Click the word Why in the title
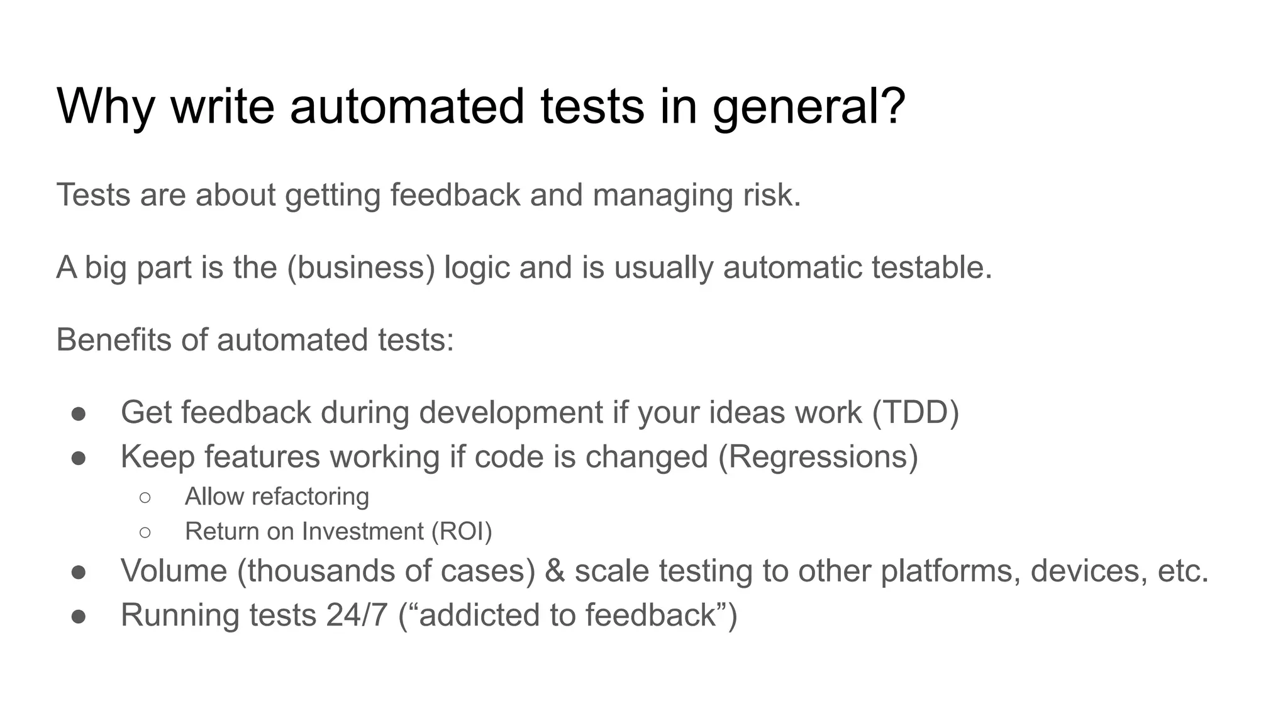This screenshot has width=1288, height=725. pyautogui.click(x=105, y=106)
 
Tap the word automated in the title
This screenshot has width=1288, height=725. pyautogui.click(x=406, y=106)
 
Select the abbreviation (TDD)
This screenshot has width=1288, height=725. pyautogui.click(x=915, y=413)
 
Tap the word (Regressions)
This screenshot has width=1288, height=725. pyautogui.click(x=818, y=457)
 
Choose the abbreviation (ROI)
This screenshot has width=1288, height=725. pyautogui.click(x=462, y=532)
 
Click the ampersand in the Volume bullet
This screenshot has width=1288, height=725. pyautogui.click(x=555, y=571)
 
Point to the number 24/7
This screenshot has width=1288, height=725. pyautogui.click(x=357, y=615)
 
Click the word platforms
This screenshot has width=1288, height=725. pyautogui.click(x=950, y=571)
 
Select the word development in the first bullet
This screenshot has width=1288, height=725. pyautogui.click(x=511, y=413)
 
